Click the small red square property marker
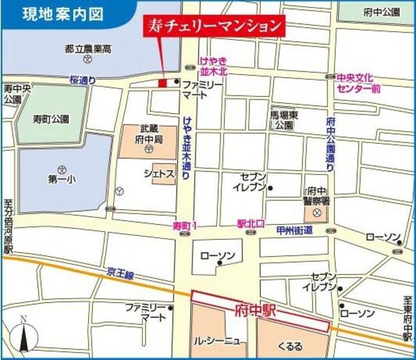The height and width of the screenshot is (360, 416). [x=162, y=83]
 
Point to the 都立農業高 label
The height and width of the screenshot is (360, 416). [x=87, y=48]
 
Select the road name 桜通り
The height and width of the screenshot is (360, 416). [x=83, y=80]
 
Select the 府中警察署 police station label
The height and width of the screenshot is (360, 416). [x=317, y=196]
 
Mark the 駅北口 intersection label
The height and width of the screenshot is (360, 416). [x=252, y=223]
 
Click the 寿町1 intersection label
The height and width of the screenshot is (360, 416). [x=185, y=225]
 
